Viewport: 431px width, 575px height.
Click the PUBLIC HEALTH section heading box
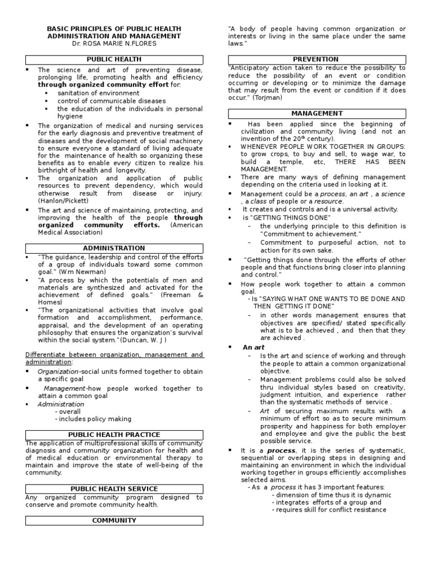[x=114, y=59]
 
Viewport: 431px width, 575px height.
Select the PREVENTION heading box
[x=316, y=59]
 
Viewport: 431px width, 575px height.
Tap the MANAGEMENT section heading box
[x=317, y=113]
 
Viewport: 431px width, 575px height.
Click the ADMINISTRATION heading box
[x=114, y=248]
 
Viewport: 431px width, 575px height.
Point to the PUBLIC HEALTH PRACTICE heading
[x=114, y=435]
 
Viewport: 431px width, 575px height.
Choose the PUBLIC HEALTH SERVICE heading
[x=114, y=489]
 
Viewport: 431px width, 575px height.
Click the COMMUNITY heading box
[x=114, y=521]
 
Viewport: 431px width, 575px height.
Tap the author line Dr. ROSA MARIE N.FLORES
[x=114, y=44]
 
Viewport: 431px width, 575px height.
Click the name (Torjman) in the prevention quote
[x=267, y=98]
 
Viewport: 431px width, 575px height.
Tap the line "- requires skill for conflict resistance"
[x=329, y=510]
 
